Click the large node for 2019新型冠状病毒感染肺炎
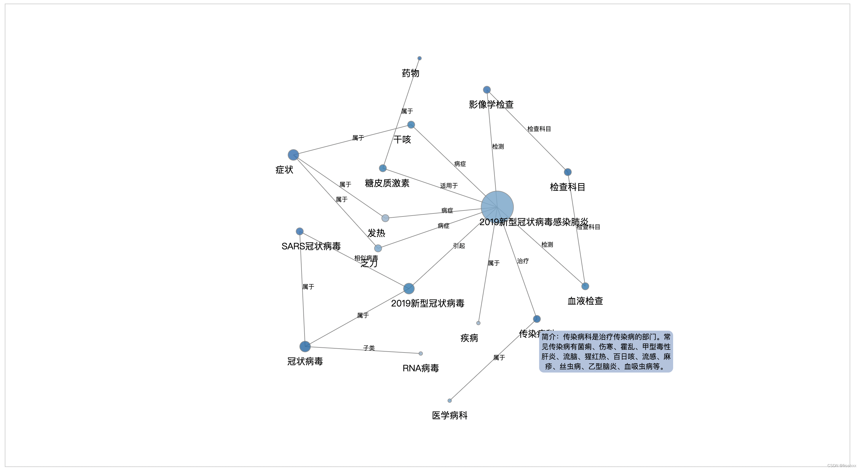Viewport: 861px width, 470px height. click(x=497, y=207)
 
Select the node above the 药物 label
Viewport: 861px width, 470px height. click(x=419, y=58)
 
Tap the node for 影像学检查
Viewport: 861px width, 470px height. click(x=487, y=89)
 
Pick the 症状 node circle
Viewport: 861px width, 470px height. click(x=293, y=155)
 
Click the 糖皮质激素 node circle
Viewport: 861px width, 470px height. click(x=383, y=168)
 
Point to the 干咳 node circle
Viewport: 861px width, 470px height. click(x=411, y=125)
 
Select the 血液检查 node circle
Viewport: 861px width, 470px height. click(x=585, y=286)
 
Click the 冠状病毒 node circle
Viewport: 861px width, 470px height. click(x=305, y=347)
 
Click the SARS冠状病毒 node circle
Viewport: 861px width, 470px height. click(x=299, y=231)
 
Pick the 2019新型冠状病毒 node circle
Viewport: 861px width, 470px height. click(x=409, y=288)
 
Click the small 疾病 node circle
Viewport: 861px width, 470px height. click(x=478, y=323)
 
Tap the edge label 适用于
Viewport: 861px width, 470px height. click(x=448, y=186)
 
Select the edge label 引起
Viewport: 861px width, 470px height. click(x=459, y=246)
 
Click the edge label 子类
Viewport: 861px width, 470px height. click(x=369, y=348)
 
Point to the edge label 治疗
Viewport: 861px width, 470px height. click(x=523, y=261)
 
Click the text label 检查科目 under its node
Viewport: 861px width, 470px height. click(x=568, y=187)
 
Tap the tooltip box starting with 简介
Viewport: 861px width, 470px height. click(x=606, y=351)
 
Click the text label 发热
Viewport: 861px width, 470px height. click(x=376, y=233)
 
